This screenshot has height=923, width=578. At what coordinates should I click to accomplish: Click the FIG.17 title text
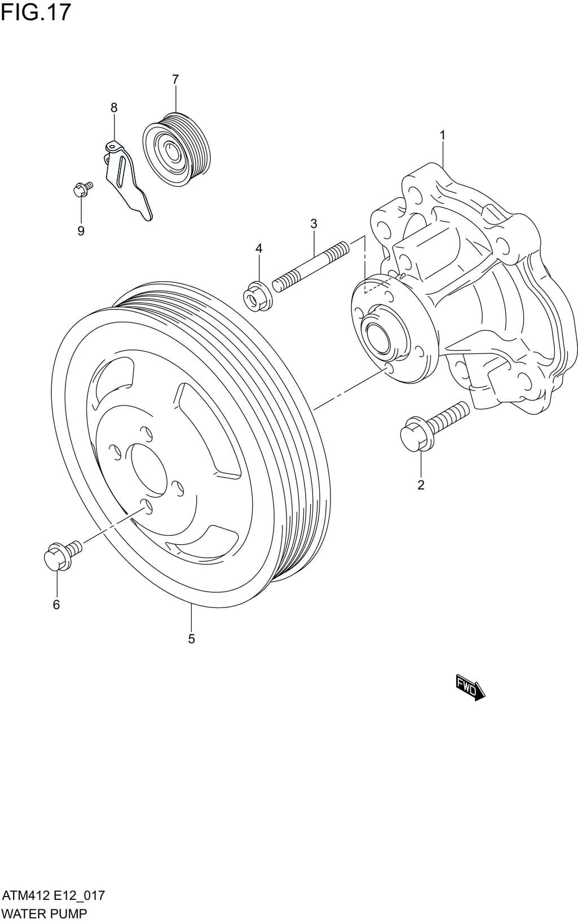(x=36, y=12)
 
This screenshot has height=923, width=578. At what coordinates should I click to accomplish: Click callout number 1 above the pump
(x=443, y=135)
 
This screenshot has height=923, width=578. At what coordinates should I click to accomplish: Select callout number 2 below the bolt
(x=421, y=484)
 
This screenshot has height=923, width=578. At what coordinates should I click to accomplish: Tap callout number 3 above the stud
(x=314, y=224)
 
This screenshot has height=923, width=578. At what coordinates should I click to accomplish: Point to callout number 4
(x=259, y=248)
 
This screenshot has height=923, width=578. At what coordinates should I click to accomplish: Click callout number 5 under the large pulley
(x=191, y=638)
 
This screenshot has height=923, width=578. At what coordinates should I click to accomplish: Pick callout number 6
(x=56, y=605)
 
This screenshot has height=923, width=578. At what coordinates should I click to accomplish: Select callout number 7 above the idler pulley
(x=175, y=80)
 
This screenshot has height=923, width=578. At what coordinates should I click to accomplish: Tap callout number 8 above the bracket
(x=114, y=107)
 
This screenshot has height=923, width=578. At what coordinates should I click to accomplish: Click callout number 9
(x=81, y=231)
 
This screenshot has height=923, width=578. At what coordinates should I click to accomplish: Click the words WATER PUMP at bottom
(x=45, y=913)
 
